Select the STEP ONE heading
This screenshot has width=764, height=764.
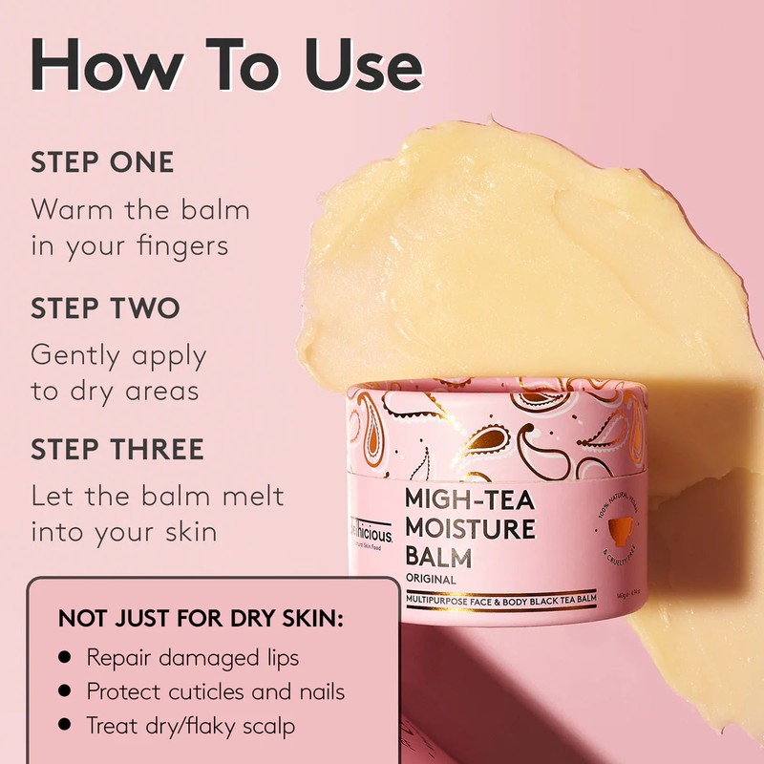coord(102,162)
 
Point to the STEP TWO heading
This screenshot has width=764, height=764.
coord(105,308)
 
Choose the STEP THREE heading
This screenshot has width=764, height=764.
coord(117,450)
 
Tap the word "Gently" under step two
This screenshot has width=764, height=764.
coord(79,356)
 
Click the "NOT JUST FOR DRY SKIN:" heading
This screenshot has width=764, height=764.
coord(201,618)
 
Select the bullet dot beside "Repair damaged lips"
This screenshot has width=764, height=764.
coord(65,658)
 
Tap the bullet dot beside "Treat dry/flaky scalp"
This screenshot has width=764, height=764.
coord(65,725)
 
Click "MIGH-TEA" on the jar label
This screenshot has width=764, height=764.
coord(468,499)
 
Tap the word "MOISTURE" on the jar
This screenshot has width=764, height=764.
coord(470,528)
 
